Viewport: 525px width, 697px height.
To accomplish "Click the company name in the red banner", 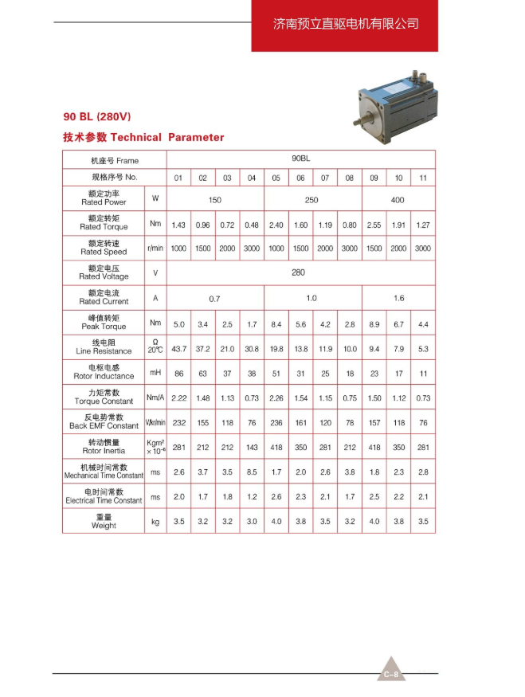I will coord(345,25).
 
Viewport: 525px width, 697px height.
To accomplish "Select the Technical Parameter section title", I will coord(143,137).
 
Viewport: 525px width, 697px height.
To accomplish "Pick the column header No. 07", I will coord(325,177).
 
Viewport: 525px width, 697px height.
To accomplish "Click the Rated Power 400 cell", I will coord(398,200).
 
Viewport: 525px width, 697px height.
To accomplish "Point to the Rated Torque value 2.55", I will coord(374,225).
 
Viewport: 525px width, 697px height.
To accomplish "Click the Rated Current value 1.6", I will coord(398,298).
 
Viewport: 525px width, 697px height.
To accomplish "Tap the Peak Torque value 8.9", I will coord(374,325).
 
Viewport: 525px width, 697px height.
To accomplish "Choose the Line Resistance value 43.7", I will coord(178,349).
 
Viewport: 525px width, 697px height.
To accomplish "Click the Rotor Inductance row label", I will coord(104,372).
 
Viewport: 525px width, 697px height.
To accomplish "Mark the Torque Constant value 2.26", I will coord(276,398).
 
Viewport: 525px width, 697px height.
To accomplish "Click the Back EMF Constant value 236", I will coord(276,423).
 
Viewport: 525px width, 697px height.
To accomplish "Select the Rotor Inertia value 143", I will coord(252,448).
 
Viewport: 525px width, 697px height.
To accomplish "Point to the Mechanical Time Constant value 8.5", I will coord(252,472).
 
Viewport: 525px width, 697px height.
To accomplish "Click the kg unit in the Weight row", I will coord(155,523).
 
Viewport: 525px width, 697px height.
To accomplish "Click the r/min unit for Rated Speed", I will coord(155,249).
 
